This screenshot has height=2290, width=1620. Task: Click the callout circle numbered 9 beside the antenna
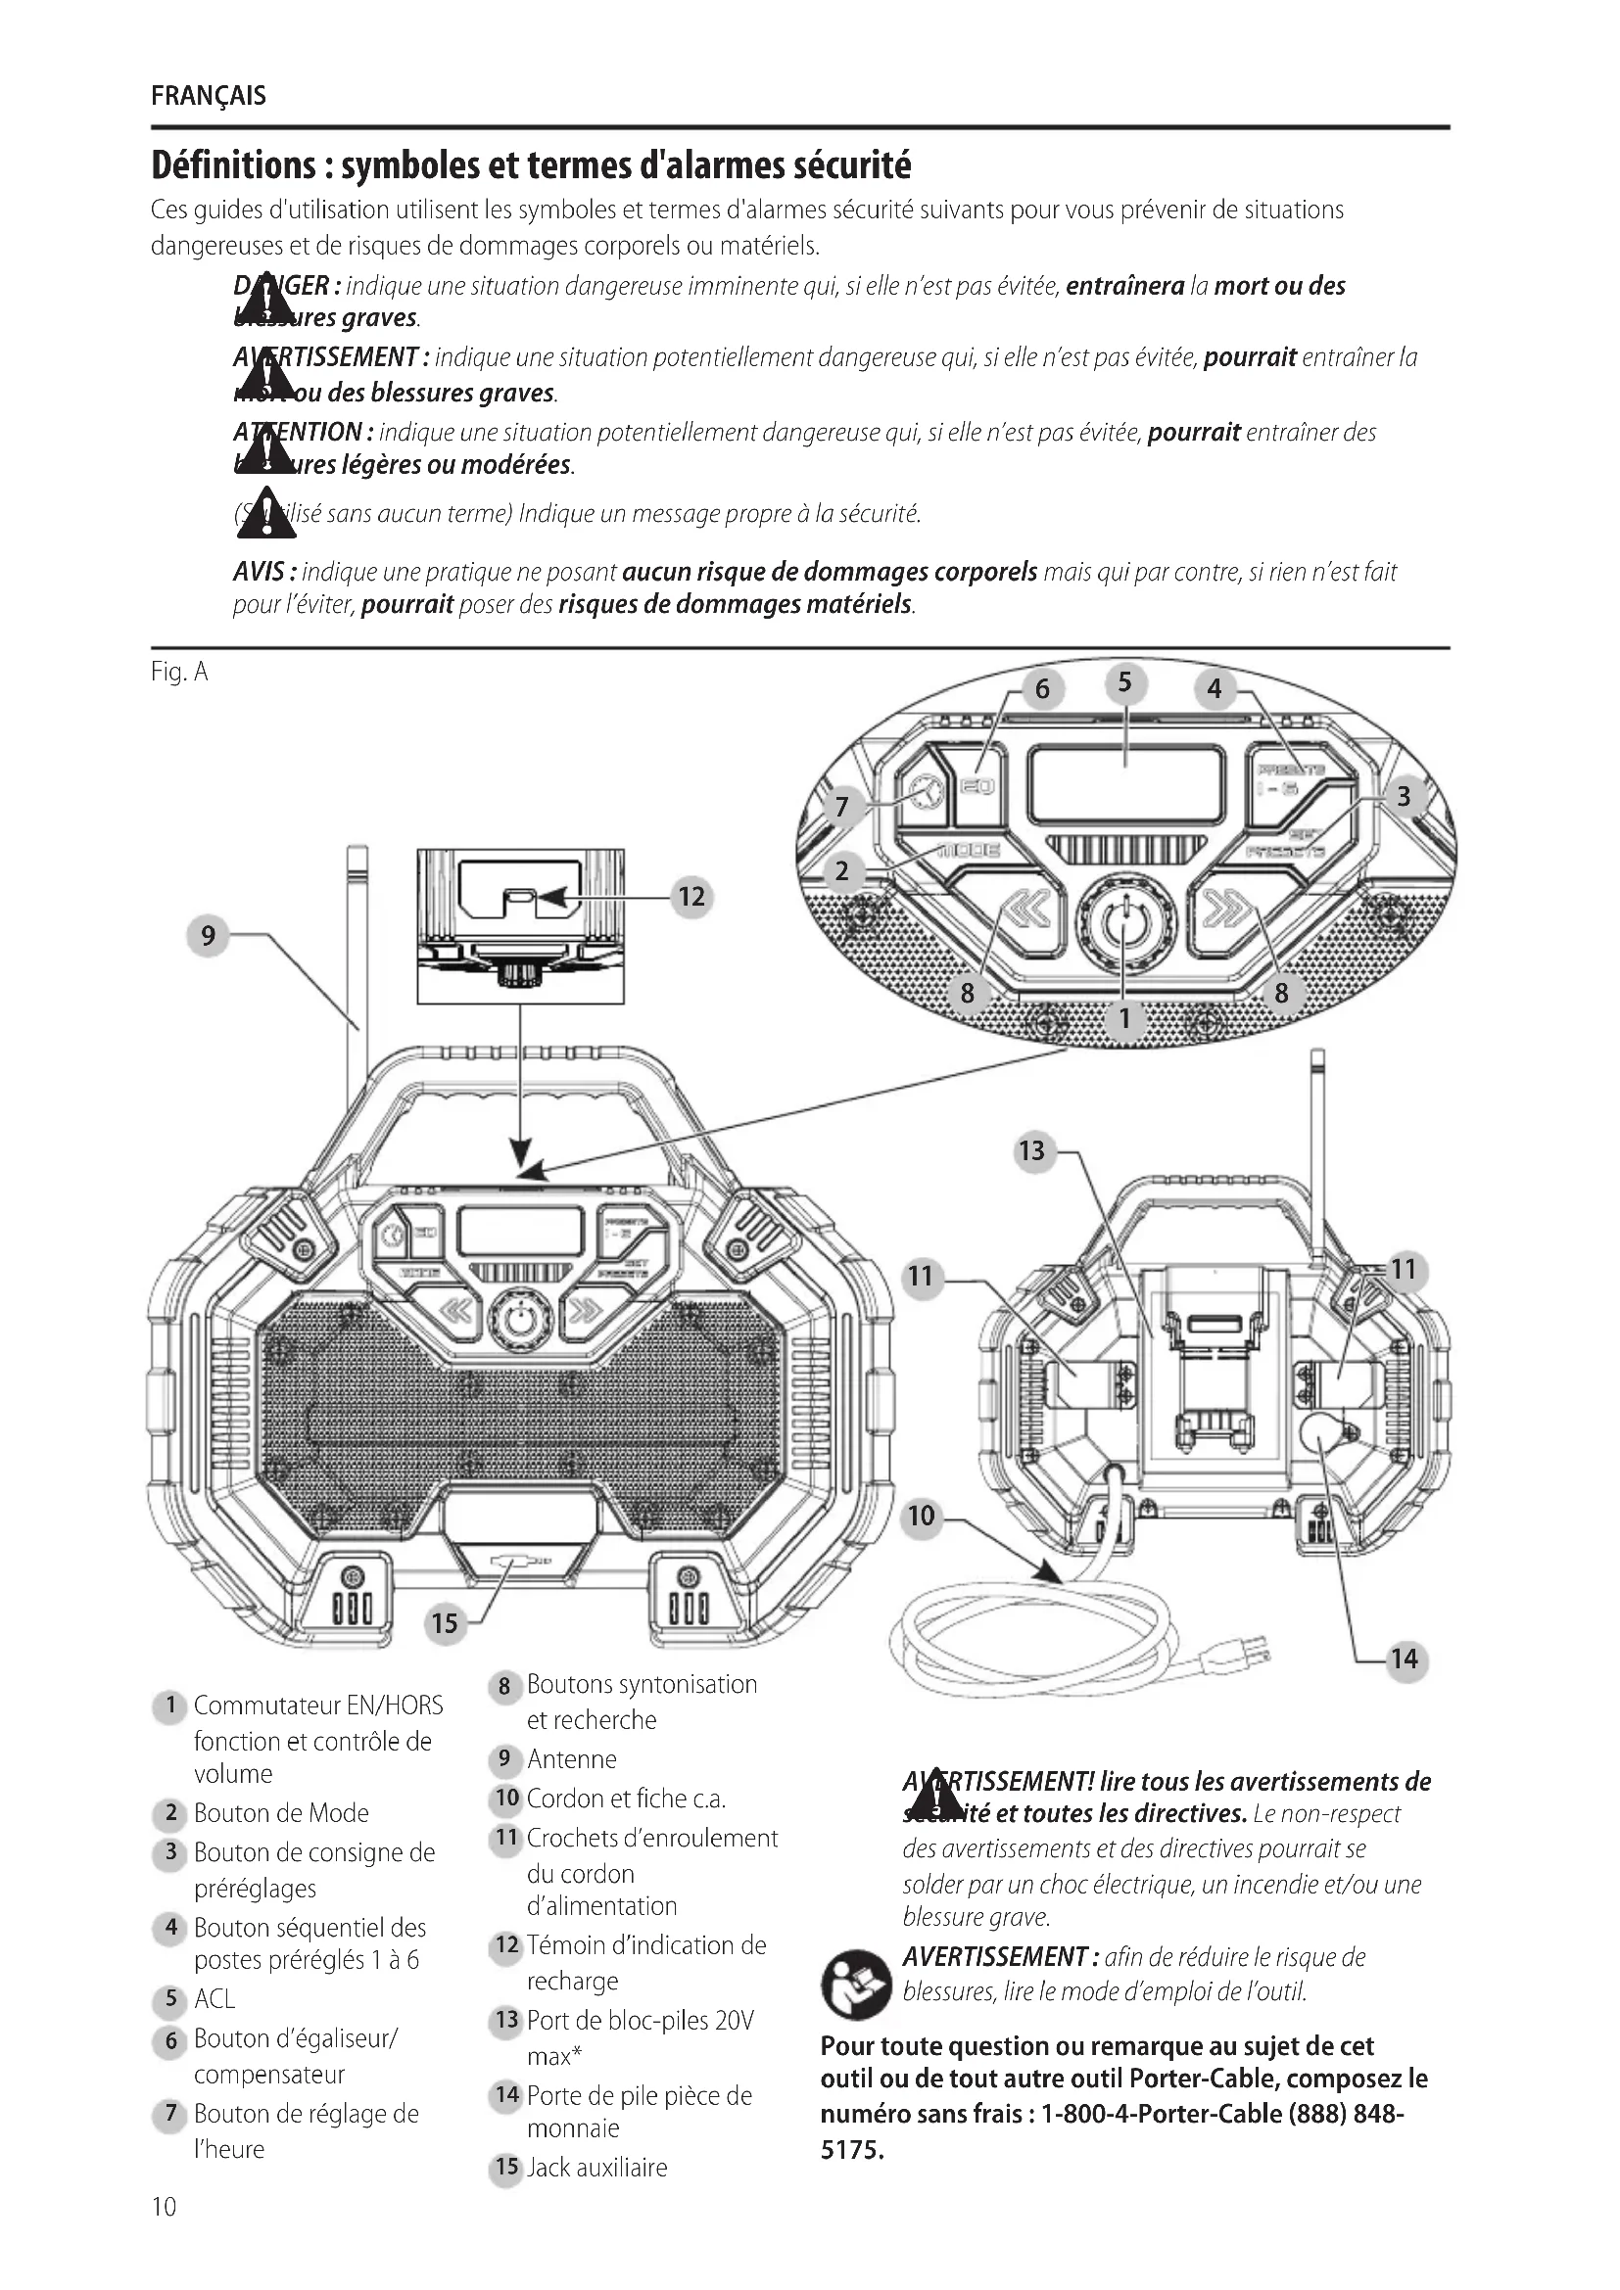208,936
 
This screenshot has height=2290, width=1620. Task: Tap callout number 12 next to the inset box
691,897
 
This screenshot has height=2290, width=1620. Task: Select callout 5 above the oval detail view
1125,683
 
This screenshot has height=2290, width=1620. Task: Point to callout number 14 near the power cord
1404,1659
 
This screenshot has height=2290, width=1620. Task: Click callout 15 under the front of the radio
445,1622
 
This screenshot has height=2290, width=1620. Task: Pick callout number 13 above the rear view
1031,1151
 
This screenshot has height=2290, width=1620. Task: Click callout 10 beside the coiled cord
921,1516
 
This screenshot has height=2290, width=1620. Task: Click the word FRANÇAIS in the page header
209,96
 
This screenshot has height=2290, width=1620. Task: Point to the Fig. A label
179,673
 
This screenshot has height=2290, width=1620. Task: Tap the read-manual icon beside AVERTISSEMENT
856,1985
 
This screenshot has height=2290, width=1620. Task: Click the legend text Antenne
572,1759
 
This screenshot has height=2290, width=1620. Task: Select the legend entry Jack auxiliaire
596,2167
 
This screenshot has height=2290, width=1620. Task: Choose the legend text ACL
214,1999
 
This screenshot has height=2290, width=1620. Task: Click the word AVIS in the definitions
261,572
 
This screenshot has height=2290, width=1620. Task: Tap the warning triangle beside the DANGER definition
265,304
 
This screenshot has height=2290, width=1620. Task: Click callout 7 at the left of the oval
842,806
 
